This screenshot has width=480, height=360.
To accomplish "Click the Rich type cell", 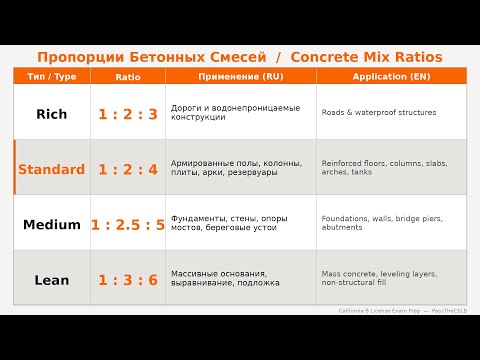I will coord(51,114).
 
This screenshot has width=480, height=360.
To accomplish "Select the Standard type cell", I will coord(51,169).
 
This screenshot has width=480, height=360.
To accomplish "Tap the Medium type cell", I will coord(51,224).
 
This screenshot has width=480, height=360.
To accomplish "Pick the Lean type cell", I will coord(51,279).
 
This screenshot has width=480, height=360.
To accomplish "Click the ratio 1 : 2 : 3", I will coord(128,114).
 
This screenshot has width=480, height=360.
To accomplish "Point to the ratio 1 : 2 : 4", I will coord(128,169).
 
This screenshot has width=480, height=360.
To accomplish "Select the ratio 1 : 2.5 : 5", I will coord(128,224).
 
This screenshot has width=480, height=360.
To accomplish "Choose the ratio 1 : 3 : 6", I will coord(128,279).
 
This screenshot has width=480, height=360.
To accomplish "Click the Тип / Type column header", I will coord(51,76).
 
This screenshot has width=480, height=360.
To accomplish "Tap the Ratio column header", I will coord(128,76).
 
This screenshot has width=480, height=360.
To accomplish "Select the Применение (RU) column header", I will coord(241,76).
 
